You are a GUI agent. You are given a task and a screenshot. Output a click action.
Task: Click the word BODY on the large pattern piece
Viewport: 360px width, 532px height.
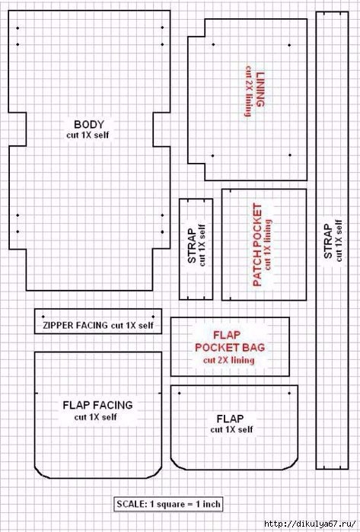click(89, 124)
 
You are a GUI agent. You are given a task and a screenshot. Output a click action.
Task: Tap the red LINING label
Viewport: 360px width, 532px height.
click(260, 89)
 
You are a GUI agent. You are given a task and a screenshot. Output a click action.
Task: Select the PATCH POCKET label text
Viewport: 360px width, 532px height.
click(257, 245)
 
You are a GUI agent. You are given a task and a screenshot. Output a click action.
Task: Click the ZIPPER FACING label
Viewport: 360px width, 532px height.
click(76, 326)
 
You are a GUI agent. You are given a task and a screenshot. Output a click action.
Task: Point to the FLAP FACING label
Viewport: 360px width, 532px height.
click(97, 405)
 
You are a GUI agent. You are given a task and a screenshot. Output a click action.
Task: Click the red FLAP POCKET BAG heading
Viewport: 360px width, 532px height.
click(230, 341)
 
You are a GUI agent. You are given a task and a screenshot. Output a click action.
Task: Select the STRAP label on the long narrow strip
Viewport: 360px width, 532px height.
click(328, 241)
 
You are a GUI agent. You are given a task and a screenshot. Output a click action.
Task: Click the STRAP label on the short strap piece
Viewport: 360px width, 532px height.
click(192, 246)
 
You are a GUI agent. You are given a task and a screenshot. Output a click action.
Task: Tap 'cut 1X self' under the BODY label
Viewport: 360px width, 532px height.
click(88, 135)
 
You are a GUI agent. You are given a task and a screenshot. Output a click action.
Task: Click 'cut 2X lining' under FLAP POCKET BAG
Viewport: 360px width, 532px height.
click(228, 360)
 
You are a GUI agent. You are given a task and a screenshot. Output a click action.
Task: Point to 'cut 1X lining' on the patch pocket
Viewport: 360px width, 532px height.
click(268, 245)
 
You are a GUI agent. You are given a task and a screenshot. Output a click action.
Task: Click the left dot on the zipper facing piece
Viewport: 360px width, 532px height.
click(43, 317)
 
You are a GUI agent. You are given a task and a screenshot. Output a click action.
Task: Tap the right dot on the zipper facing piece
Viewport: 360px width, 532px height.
click(154, 317)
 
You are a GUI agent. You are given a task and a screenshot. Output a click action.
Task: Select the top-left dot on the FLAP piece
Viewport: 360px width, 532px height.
click(179, 393)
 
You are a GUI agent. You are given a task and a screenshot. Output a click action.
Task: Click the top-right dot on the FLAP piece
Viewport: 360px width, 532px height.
click(289, 393)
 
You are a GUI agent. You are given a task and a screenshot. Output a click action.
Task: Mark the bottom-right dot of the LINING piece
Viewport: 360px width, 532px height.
click(290, 155)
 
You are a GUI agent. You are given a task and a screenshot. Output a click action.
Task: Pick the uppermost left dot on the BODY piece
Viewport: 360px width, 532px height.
click(18, 28)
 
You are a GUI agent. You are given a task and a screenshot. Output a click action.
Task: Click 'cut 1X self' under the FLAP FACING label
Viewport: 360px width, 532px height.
click(95, 417)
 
